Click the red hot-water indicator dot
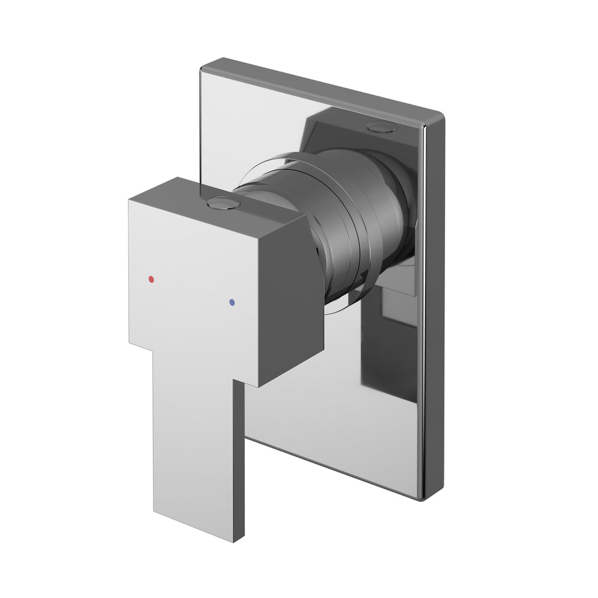coord(150,278)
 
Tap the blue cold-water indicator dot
coord(233,303)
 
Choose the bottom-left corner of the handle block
coord(130,344)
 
